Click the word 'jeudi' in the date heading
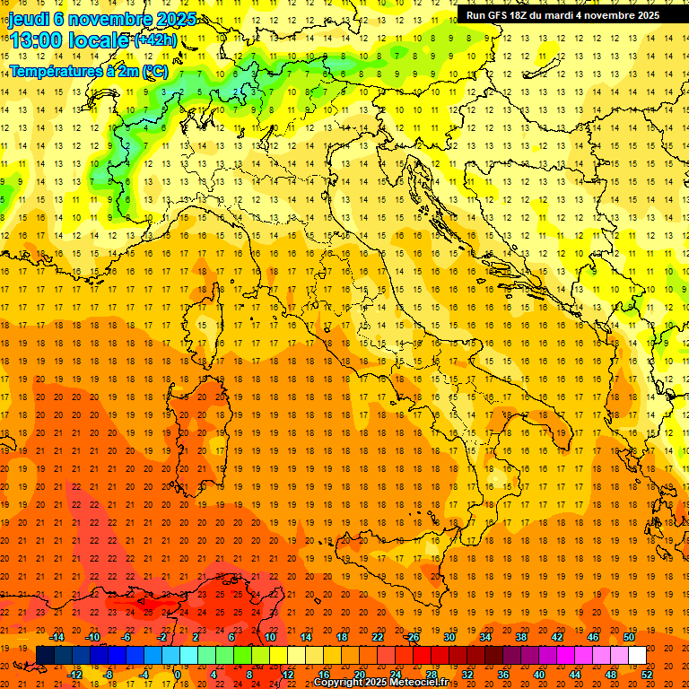(x=29, y=18)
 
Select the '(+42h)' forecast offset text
(x=154, y=40)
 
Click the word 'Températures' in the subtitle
(x=56, y=70)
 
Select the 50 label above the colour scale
(x=628, y=637)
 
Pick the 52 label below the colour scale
(x=647, y=674)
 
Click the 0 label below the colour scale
(x=178, y=674)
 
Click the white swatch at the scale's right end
(x=637, y=655)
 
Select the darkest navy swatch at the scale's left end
(x=45, y=655)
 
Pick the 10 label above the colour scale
(x=269, y=637)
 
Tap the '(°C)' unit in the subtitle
(x=155, y=70)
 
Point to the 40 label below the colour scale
(x=538, y=674)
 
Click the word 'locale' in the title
(x=100, y=40)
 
